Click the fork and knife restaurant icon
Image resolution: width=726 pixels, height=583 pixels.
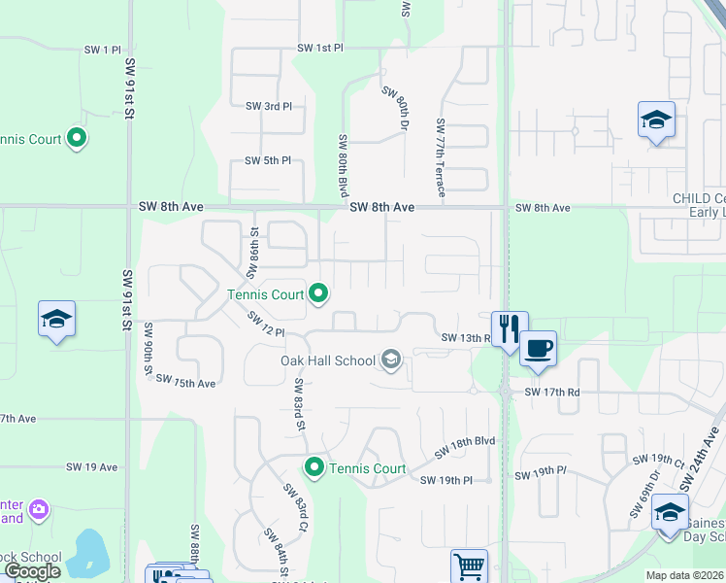(510, 327)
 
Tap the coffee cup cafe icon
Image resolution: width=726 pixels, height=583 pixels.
(538, 347)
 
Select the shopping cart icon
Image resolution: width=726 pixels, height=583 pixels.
(469, 565)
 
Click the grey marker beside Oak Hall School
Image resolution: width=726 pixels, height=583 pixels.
(391, 360)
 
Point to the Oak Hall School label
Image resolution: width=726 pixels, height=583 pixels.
(327, 360)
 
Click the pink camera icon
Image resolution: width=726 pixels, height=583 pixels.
(39, 509)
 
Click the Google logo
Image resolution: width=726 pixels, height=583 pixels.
(32, 571)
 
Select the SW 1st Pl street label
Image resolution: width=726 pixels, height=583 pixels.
(320, 48)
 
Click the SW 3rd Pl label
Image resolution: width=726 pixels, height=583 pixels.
(268, 106)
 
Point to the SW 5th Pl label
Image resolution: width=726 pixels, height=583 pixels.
(268, 160)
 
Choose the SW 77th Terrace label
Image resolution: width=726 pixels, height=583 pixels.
(441, 158)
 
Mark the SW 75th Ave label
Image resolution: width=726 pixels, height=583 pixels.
(185, 383)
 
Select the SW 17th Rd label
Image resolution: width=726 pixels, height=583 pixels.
(551, 393)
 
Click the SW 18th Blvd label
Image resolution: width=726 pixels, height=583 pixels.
(465, 446)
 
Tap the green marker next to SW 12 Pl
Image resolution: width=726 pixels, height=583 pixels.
(318, 292)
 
